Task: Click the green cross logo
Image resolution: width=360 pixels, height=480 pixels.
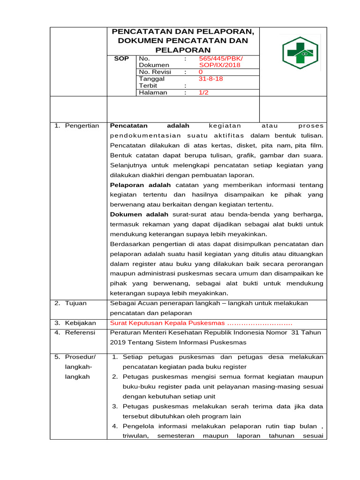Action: pos(300,53)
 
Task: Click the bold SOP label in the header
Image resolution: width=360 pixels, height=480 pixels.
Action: pos(121,59)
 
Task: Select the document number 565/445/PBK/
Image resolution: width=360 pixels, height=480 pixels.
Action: pos(221,59)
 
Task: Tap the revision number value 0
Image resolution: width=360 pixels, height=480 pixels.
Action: pos(201,72)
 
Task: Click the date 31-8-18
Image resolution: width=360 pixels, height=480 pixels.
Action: pos(210,79)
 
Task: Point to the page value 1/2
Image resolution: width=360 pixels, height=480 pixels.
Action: pos(203,93)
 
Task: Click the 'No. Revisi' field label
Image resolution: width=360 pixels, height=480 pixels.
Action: pos(155,72)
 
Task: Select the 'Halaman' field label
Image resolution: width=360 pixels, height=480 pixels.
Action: pos(153,93)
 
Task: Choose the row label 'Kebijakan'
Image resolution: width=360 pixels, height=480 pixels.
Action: pos(80,323)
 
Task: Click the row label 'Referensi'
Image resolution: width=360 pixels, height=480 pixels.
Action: pos(80,332)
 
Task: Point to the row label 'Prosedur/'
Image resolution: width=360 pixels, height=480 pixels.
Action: pos(80,357)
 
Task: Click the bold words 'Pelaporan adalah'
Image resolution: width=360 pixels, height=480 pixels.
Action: pos(141,185)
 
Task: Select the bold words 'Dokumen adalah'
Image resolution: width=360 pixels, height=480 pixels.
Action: pos(139,214)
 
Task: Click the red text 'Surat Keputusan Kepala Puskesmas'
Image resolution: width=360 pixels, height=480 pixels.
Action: pos(167,323)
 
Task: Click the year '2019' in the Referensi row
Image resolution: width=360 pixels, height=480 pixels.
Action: pos(118,342)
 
